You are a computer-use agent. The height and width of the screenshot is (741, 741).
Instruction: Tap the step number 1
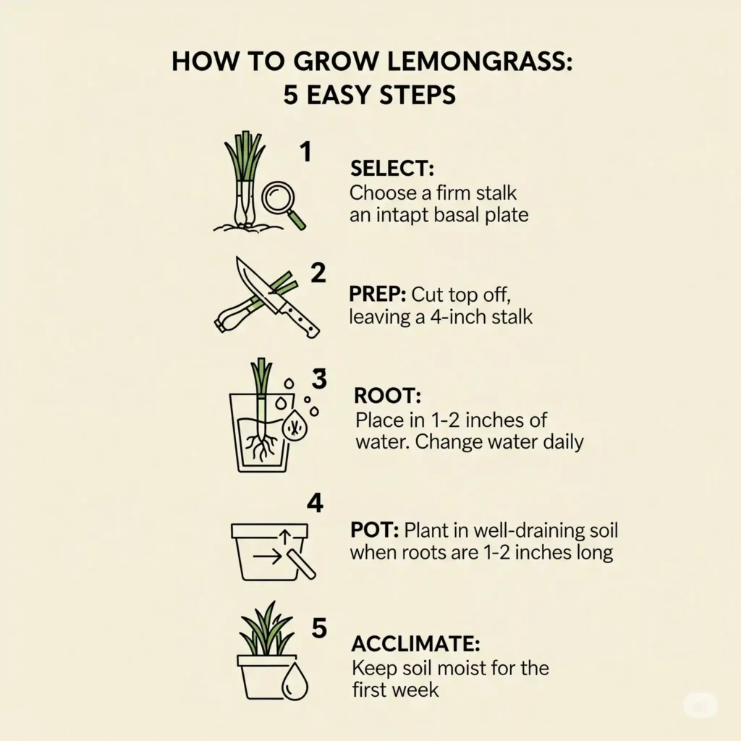pyautogui.click(x=305, y=153)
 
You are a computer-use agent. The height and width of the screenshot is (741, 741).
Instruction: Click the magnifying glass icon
pyautogui.click(x=281, y=200)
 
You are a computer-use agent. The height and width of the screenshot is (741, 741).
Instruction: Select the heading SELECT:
pyautogui.click(x=391, y=169)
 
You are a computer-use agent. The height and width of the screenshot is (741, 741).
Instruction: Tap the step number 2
pyautogui.click(x=318, y=273)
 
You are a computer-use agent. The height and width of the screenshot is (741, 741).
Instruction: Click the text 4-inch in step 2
pyautogui.click(x=447, y=317)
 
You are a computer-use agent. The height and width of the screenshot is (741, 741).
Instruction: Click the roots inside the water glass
pyautogui.click(x=259, y=446)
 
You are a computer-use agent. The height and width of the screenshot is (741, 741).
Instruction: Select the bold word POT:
pyautogui.click(x=374, y=530)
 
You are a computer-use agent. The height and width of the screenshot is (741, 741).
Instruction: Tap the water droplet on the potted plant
pyautogui.click(x=295, y=682)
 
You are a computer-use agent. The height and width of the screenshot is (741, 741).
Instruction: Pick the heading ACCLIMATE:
pyautogui.click(x=415, y=643)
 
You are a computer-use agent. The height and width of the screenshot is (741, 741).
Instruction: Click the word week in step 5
pyautogui.click(x=414, y=690)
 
